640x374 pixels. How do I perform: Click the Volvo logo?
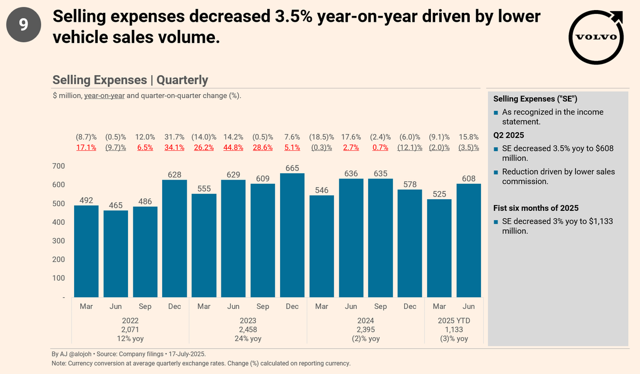click(x=596, y=37)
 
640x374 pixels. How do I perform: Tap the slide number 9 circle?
click(x=24, y=25)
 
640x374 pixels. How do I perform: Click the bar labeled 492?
click(x=86, y=251)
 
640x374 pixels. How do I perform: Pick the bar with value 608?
click(x=469, y=240)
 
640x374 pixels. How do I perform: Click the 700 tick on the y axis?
click(x=59, y=166)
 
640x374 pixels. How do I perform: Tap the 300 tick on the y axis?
click(x=59, y=241)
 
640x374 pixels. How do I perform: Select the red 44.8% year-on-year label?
click(x=233, y=147)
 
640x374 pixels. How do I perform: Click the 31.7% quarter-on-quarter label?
click(x=174, y=137)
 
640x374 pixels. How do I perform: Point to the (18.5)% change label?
click(x=322, y=137)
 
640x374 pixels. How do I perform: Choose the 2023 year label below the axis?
click(x=248, y=321)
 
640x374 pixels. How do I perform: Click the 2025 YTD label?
click(x=454, y=321)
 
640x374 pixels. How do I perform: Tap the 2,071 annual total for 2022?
click(x=130, y=330)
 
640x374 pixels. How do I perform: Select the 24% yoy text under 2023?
click(x=248, y=339)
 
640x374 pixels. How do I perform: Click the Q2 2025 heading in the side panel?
click(x=509, y=135)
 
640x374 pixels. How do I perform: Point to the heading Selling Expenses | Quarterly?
click(x=130, y=80)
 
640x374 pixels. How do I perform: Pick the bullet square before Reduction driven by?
click(x=496, y=173)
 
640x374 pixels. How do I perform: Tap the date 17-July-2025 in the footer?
click(x=188, y=354)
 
